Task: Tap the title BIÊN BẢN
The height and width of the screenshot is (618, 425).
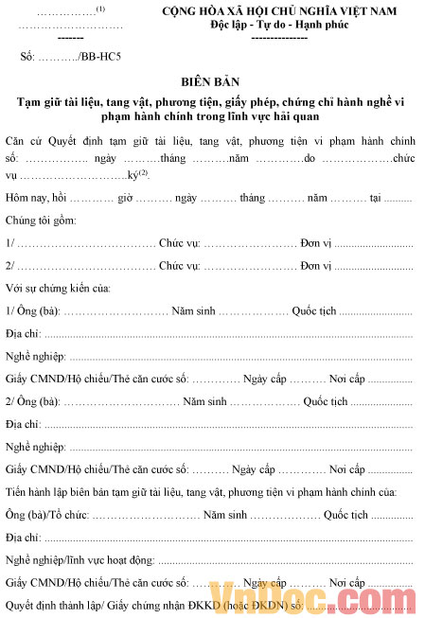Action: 212,82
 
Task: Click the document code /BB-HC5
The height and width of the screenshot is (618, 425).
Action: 97,57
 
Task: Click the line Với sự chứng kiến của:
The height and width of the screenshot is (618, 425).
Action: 58,287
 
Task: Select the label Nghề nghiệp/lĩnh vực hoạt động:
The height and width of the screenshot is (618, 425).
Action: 77,559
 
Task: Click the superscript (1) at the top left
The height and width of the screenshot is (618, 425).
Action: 100,9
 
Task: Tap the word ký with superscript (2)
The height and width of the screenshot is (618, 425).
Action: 133,176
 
